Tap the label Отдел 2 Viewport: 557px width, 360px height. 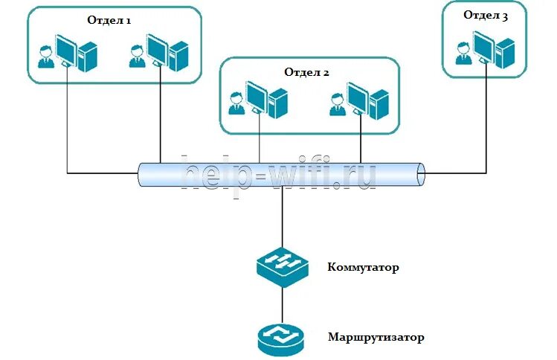pyautogui.click(x=306, y=72)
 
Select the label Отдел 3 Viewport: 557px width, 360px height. pyautogui.click(x=486, y=15)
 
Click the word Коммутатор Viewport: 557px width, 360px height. pyautogui.click(x=363, y=267)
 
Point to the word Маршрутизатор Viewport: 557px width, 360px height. pyautogui.click(x=376, y=337)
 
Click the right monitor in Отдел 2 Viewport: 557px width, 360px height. pyautogui.click(x=358, y=97)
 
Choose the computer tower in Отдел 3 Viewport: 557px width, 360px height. pyautogui.click(x=505, y=51)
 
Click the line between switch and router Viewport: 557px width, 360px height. pyautogui.click(x=282, y=304)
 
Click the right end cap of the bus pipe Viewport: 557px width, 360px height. pyautogui.click(x=421, y=174)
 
